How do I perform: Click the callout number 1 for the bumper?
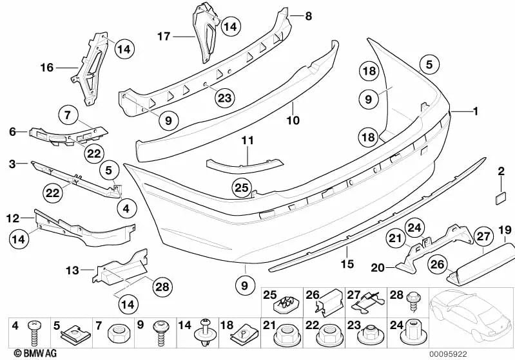(x=475, y=111)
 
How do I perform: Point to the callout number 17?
(x=164, y=37)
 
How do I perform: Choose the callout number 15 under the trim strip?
(x=347, y=263)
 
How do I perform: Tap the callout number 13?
(x=72, y=270)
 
